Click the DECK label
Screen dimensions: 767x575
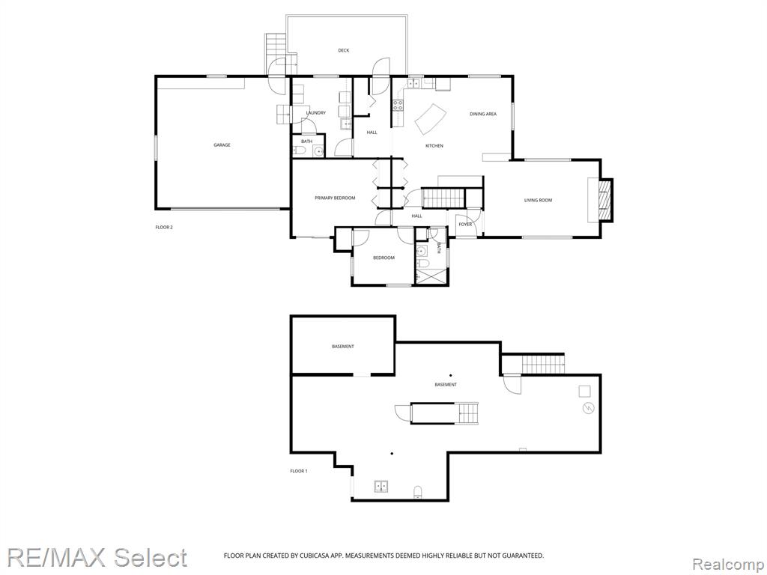point(343,50)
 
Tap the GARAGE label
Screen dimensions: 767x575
point(222,144)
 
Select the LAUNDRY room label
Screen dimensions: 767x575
point(315,113)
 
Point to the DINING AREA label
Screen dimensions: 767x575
point(483,114)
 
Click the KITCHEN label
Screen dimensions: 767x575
point(434,146)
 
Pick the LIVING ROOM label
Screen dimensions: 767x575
point(538,200)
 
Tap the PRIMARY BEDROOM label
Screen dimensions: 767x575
point(335,198)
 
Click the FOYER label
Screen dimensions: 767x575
point(465,225)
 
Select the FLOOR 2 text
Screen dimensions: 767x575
point(164,227)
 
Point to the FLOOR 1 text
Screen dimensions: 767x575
point(298,472)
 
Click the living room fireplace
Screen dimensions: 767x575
point(605,200)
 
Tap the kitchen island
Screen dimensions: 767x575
point(431,119)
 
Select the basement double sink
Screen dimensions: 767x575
point(381,486)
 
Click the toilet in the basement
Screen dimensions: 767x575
point(418,491)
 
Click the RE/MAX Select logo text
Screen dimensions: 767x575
point(97,558)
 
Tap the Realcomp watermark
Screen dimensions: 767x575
point(728,565)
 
